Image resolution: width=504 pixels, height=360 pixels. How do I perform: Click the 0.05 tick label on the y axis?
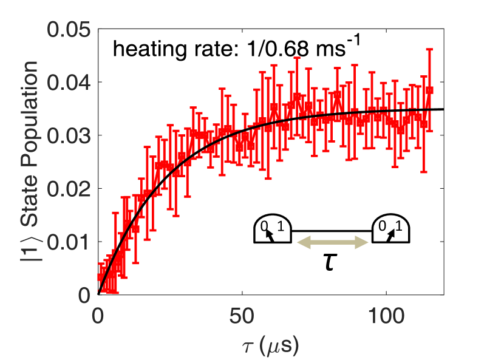64,29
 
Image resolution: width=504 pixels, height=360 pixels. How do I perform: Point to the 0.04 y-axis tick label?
64,82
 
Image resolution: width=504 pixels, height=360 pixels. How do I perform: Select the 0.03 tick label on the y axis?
64,135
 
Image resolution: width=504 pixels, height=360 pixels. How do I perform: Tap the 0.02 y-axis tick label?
64,188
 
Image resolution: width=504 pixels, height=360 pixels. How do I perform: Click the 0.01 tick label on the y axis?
64,242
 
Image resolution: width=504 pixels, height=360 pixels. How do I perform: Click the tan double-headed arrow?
333,243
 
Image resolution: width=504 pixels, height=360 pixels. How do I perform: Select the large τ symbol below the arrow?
330,264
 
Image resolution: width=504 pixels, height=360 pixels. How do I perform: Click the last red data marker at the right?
429,90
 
